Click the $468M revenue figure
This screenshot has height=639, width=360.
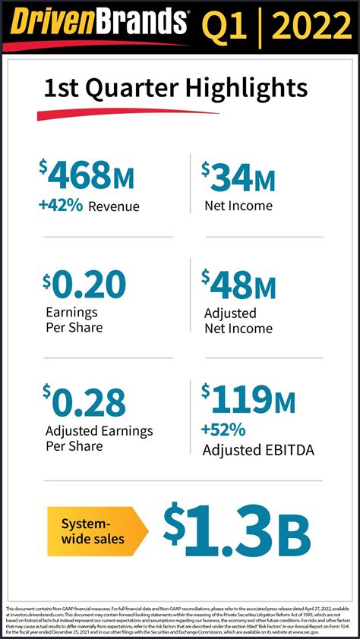click(87, 176)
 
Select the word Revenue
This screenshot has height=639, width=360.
click(114, 206)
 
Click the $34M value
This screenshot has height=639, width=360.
click(238, 176)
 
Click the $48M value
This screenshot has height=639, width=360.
click(238, 286)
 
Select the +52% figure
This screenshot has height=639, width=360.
click(223, 430)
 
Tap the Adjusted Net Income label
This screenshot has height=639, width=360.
click(237, 321)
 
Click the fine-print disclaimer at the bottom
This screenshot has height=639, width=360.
click(180, 619)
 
